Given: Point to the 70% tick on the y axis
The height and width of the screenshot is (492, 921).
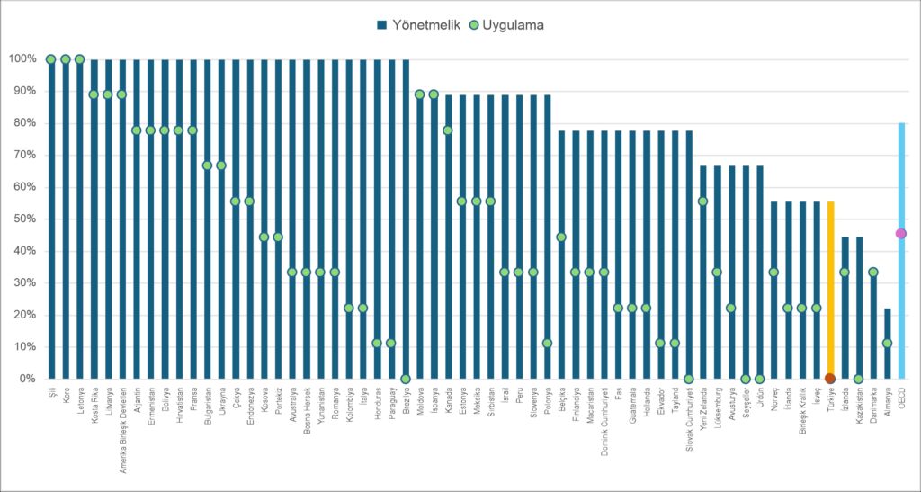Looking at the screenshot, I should pyautogui.click(x=23, y=156).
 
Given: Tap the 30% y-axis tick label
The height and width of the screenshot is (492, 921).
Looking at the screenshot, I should pyautogui.click(x=23, y=283).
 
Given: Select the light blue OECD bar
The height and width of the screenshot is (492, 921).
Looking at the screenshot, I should pyautogui.click(x=901, y=251).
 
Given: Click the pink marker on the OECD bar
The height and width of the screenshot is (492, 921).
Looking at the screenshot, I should pyautogui.click(x=901, y=234).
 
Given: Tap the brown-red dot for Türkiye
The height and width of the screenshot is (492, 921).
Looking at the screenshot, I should pyautogui.click(x=830, y=379).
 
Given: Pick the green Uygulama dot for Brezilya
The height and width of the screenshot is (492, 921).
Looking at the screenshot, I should pyautogui.click(x=406, y=379).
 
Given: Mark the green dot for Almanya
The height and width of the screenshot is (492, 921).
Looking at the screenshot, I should pyautogui.click(x=888, y=344).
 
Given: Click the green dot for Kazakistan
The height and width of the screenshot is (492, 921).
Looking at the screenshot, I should pyautogui.click(x=859, y=379).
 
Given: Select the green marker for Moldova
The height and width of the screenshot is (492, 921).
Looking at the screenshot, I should pyautogui.click(x=420, y=94).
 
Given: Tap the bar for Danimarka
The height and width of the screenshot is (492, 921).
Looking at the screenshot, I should pyautogui.click(x=873, y=324).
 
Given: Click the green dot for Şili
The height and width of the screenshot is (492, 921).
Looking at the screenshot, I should pyautogui.click(x=51, y=59).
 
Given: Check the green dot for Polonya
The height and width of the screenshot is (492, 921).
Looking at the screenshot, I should pyautogui.click(x=548, y=344).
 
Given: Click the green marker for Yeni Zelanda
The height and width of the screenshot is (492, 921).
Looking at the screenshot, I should pyautogui.click(x=703, y=201).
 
